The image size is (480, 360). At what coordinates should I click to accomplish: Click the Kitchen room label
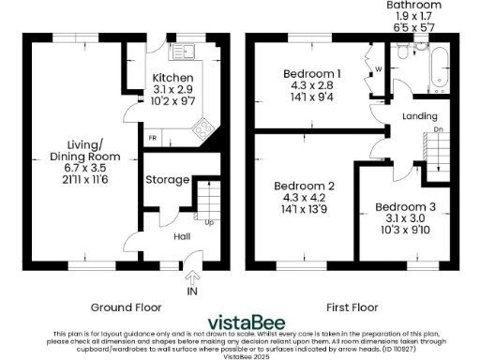(x=173, y=78)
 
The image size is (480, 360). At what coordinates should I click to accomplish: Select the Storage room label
(x=166, y=180)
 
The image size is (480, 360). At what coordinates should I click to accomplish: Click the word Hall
(x=184, y=237)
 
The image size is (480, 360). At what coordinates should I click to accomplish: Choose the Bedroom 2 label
(x=300, y=186)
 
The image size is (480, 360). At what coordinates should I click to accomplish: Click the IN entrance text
(x=193, y=292)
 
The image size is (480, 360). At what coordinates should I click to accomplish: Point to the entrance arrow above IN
(x=193, y=277)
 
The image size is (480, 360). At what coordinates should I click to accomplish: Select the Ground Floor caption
(x=126, y=307)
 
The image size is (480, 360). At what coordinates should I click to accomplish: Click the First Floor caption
(x=351, y=307)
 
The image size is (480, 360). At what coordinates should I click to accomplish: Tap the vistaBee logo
(x=239, y=320)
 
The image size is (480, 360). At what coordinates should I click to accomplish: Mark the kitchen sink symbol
(x=181, y=51)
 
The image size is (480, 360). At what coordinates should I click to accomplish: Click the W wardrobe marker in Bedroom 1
(x=377, y=67)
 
